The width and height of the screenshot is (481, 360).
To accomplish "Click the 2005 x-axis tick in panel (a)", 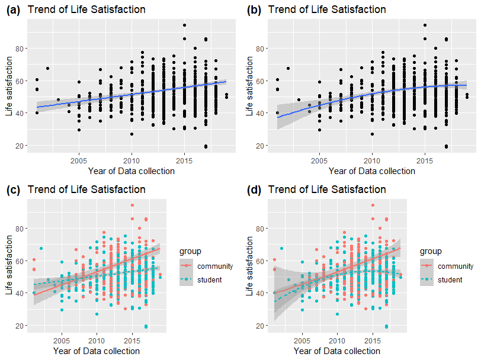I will click(x=79, y=160).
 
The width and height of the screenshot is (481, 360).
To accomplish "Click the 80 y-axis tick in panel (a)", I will click(x=19, y=48).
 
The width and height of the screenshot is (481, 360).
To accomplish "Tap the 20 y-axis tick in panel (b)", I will click(x=259, y=146).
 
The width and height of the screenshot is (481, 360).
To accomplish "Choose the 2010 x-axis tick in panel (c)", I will click(x=96, y=340).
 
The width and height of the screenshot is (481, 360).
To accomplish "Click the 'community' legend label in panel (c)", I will click(x=215, y=266).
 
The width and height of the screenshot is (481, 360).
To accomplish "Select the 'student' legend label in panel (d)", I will click(x=451, y=279).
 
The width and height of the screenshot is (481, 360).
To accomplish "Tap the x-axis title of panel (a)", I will click(x=131, y=171).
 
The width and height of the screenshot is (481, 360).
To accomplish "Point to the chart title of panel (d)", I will click(x=327, y=189).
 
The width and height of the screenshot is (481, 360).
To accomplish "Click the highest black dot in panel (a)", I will click(x=185, y=25).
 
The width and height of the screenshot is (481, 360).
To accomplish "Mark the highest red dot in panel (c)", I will click(x=132, y=205).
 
